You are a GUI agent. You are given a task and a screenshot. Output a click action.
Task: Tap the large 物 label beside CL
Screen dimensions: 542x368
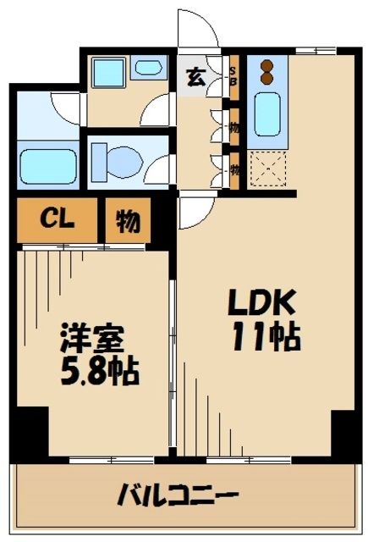point(127,220)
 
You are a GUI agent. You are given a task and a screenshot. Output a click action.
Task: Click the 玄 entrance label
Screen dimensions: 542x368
point(193,77)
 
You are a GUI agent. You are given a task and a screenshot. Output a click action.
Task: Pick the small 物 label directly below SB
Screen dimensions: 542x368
point(234,128)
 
